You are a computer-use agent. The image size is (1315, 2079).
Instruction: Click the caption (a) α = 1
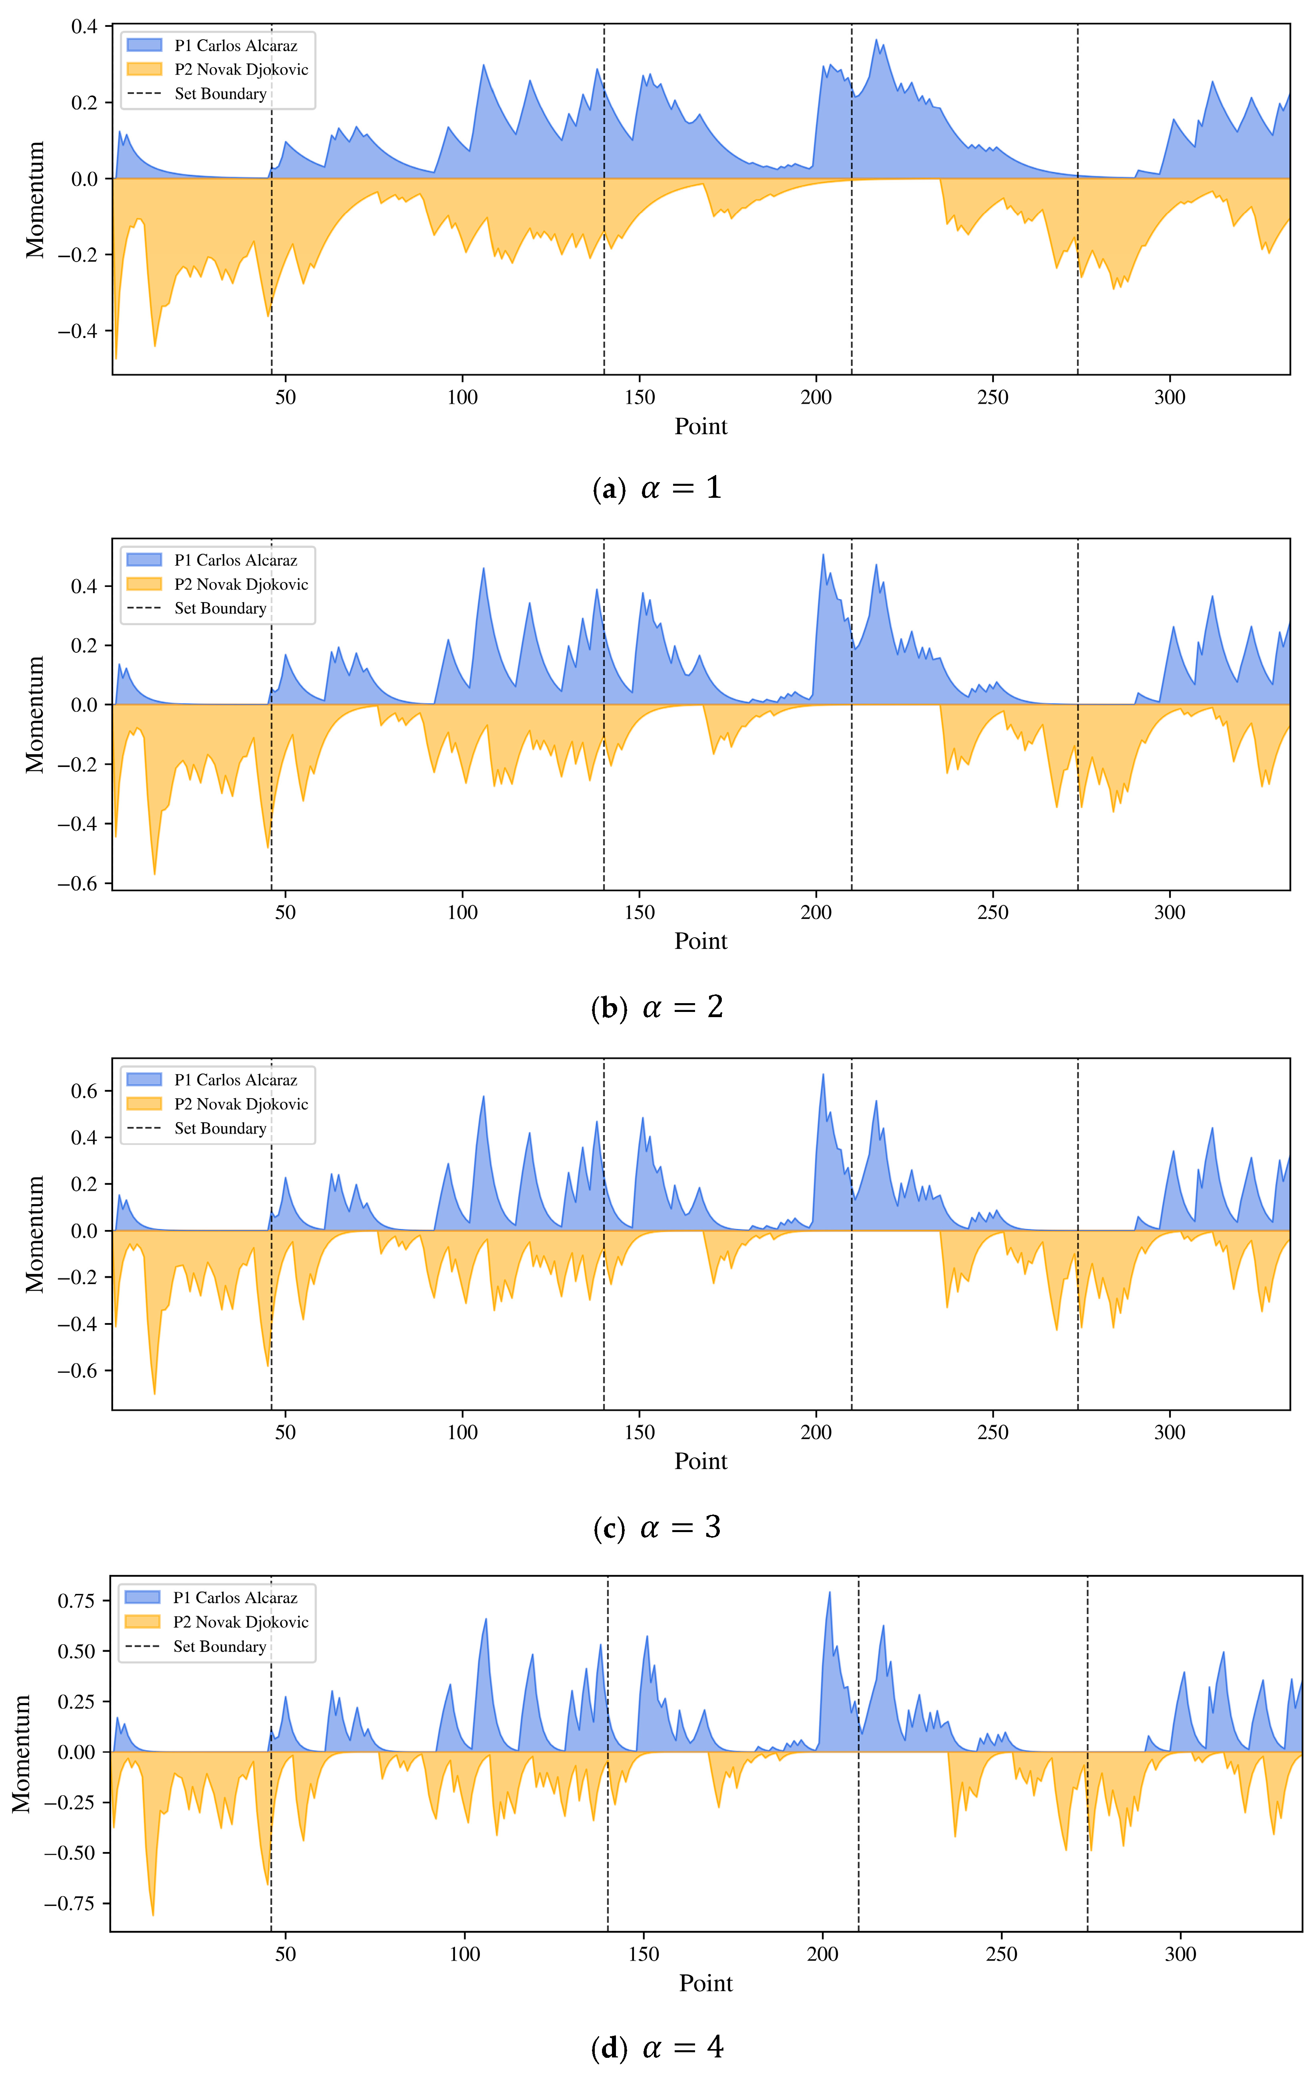657,489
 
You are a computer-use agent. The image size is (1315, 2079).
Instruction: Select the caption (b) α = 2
657,1008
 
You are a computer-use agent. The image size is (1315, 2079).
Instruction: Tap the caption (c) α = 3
657,1527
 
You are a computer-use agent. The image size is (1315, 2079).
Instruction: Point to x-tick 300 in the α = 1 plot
1170,397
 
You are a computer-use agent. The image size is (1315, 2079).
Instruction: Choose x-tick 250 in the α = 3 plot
993,1432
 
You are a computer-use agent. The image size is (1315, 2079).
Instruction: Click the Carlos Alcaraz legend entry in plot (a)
235,46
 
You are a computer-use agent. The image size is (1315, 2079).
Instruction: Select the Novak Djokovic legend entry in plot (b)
241,584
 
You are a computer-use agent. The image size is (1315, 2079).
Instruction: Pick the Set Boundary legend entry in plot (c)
220,1129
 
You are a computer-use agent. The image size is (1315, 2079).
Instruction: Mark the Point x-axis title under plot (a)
700,427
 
